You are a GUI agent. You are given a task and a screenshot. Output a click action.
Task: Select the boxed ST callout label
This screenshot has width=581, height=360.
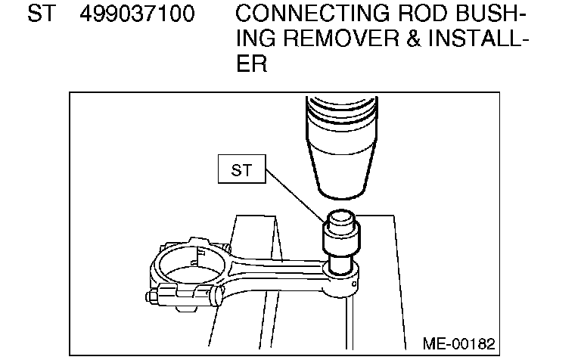pos(241,170)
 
